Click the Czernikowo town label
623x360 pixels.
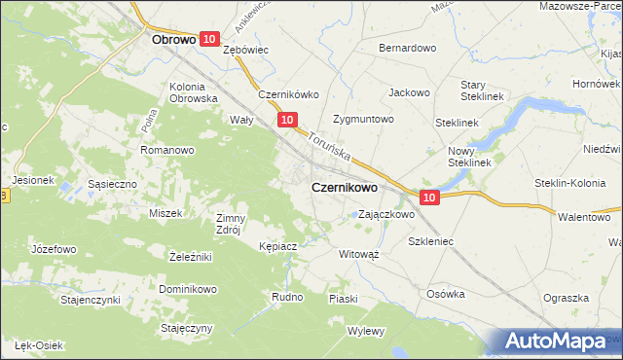coord(345,187)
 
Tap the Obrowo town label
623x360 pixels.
coord(176,41)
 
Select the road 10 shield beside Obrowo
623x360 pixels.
coord(209,38)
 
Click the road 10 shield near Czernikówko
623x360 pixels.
coord(286,120)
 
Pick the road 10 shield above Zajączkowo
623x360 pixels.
coord(431,198)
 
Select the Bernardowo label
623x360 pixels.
coord(407,48)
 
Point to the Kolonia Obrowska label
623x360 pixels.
coord(192,92)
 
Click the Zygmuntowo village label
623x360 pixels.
coord(362,120)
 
